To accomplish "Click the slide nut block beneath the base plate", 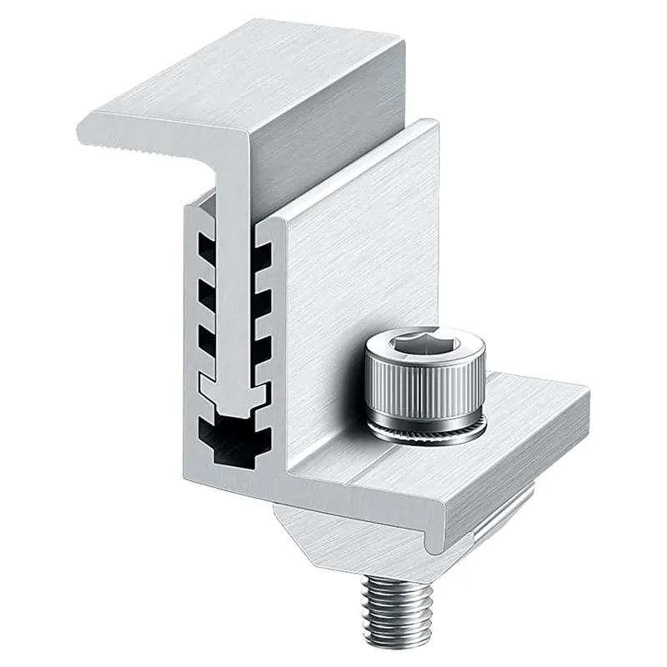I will [333, 534].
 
